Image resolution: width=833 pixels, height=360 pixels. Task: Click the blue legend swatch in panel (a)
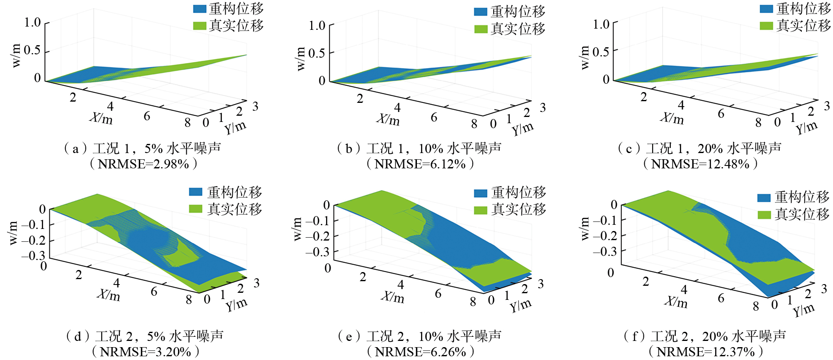tap(200, 9)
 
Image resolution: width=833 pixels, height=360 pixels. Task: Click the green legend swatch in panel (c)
tap(766, 26)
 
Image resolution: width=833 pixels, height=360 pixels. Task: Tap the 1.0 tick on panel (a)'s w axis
tap(32, 22)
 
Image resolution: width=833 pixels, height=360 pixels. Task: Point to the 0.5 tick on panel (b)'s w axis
tap(317, 54)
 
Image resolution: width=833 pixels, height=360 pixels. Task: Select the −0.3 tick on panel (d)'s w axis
tap(33, 255)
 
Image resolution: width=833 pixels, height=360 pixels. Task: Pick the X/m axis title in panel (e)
tap(392, 297)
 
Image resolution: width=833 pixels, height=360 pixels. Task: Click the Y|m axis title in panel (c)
tap(806, 127)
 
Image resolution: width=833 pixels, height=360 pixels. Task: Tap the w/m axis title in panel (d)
tap(13, 233)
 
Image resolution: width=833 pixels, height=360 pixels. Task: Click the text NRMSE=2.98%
tap(144, 164)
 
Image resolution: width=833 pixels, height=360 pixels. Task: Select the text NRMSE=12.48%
tap(700, 164)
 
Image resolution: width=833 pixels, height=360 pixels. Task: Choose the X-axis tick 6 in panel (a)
tap(147, 116)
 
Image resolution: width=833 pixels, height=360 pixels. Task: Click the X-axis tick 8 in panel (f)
tap(756, 306)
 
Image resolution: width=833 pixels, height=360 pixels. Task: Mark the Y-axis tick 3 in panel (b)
tap(543, 108)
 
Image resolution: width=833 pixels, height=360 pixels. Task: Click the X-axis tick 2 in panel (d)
tap(79, 275)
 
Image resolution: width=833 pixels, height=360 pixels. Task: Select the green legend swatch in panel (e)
tap(480, 210)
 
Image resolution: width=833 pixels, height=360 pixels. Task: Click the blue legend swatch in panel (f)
tap(764, 197)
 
